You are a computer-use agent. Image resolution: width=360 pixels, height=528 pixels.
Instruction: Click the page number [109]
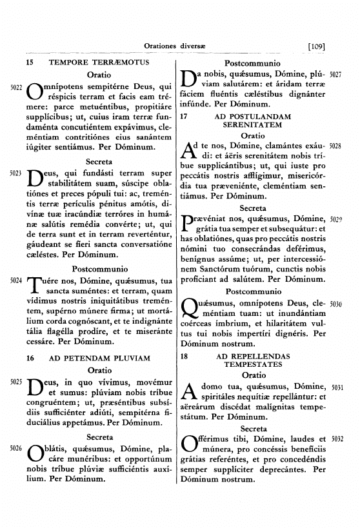pyautogui.click(x=320, y=46)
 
